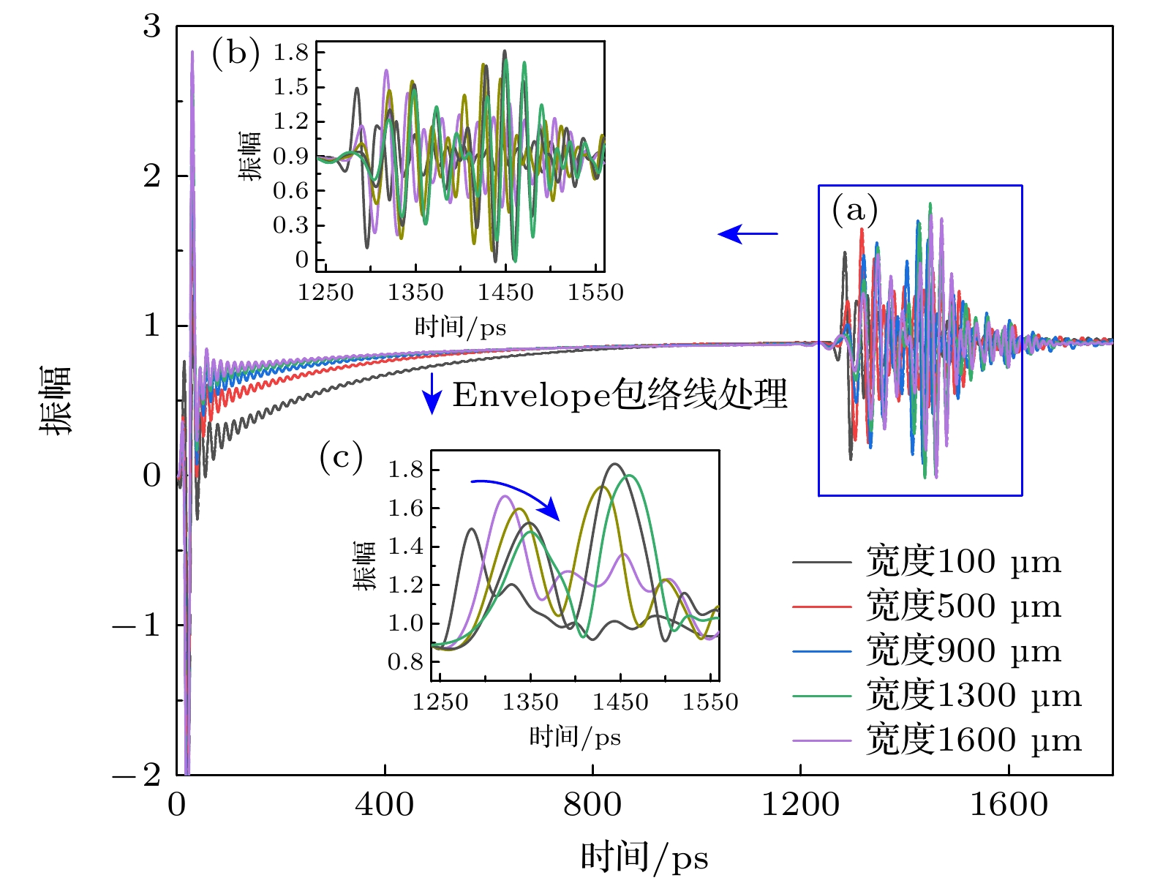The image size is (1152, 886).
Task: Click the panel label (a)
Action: (x=854, y=211)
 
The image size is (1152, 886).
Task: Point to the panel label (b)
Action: (x=236, y=53)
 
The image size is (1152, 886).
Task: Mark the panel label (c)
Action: (x=341, y=458)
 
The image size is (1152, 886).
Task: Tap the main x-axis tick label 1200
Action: (x=800, y=805)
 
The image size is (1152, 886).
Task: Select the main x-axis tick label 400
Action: (x=385, y=805)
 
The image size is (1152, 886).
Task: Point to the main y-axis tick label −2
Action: (x=137, y=774)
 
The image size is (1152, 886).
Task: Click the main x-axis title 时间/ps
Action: (x=644, y=857)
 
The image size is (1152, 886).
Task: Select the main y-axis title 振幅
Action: (x=56, y=400)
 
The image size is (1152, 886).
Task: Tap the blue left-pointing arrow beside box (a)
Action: (x=747, y=234)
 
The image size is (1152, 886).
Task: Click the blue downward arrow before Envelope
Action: (x=432, y=394)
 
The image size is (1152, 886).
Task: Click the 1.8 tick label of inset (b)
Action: (x=290, y=52)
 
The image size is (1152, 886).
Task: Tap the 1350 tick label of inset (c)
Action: (x=530, y=702)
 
